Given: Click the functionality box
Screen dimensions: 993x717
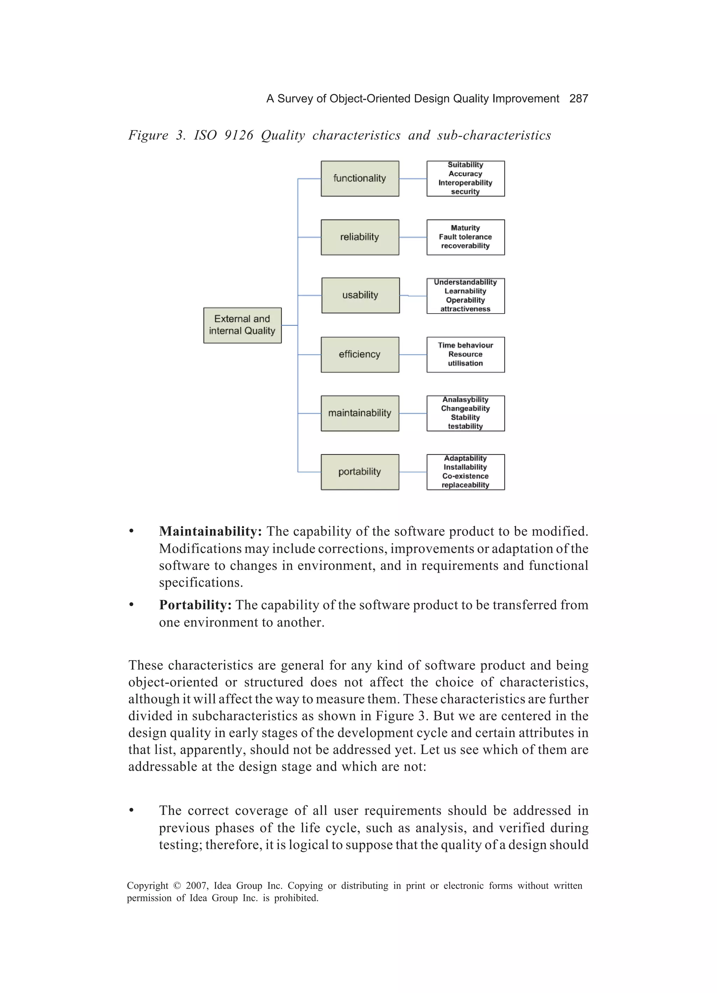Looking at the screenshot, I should pyautogui.click(x=360, y=179).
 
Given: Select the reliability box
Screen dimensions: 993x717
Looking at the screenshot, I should pyautogui.click(x=360, y=237).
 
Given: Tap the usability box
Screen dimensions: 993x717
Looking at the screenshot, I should pyautogui.click(x=360, y=295).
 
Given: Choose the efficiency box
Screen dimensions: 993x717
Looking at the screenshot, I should pyautogui.click(x=360, y=355).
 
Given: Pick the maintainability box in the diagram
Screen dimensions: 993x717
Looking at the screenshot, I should pyautogui.click(x=360, y=413).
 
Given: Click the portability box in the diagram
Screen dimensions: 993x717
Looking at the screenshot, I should pyautogui.click(x=360, y=472).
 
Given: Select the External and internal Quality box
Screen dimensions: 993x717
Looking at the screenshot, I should pyautogui.click(x=242, y=325).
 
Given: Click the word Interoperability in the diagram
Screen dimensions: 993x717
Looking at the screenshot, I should pyautogui.click(x=465, y=183).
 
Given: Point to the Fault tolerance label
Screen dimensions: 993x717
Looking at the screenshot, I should pyautogui.click(x=465, y=237).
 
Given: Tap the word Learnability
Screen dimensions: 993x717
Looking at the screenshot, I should pyautogui.click(x=465, y=291).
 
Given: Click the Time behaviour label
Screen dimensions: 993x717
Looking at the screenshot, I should pyautogui.click(x=465, y=345).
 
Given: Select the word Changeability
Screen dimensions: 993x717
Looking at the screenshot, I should pyautogui.click(x=465, y=408).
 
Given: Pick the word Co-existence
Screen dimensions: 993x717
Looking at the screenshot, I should pyautogui.click(x=465, y=476).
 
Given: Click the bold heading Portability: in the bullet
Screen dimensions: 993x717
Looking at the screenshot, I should pyautogui.click(x=195, y=605).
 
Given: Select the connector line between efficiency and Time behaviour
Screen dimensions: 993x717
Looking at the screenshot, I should pyautogui.click(x=413, y=355).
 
